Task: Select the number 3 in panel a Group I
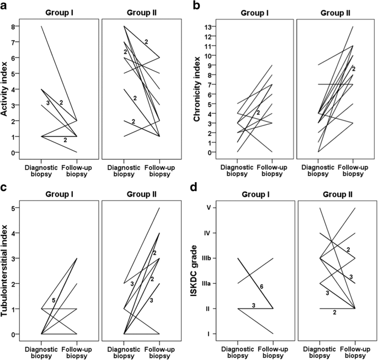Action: [x=48, y=103]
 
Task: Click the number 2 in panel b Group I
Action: [x=258, y=113]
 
